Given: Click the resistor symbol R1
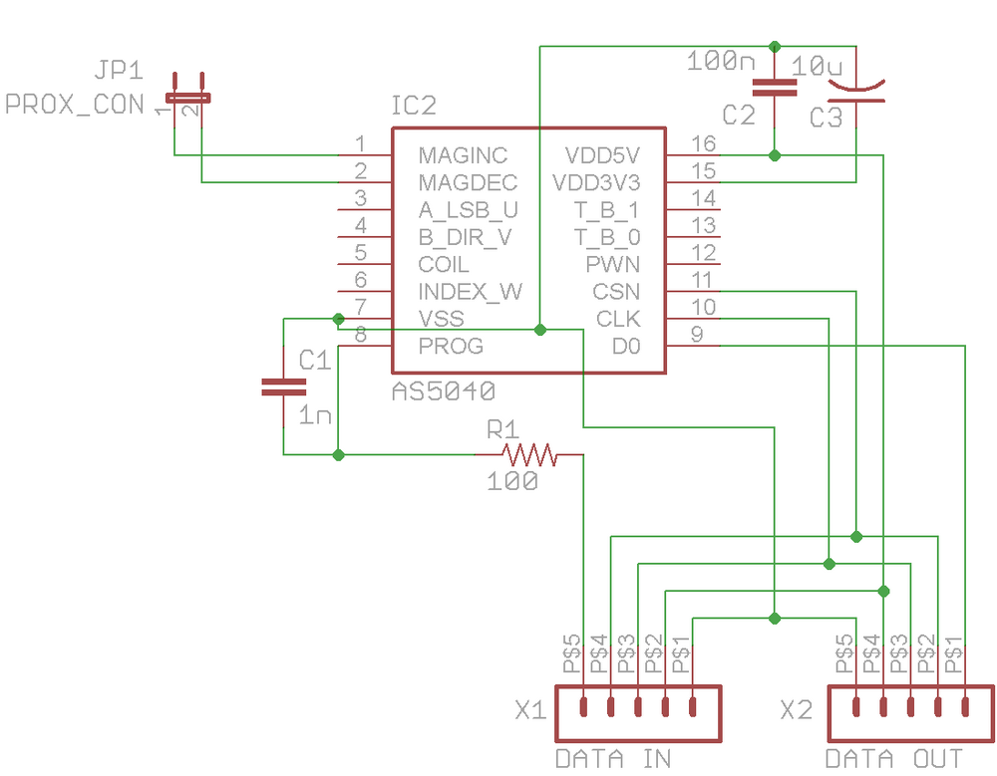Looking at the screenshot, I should pyautogui.click(x=528, y=455).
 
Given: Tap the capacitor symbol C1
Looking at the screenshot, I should pyautogui.click(x=283, y=388).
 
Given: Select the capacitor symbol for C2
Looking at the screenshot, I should pyautogui.click(x=775, y=88).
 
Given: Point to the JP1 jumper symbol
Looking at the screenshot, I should pyautogui.click(x=187, y=97).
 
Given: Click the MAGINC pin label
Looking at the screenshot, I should pyautogui.click(x=463, y=155).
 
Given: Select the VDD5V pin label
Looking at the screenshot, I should pyautogui.click(x=602, y=155).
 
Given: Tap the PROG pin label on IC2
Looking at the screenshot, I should pyautogui.click(x=451, y=346).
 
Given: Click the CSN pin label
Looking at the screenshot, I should pyautogui.click(x=616, y=292).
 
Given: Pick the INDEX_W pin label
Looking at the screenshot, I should pyautogui.click(x=471, y=292).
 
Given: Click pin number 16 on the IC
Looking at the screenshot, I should pyautogui.click(x=704, y=144).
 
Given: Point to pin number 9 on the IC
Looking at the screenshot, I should pyautogui.click(x=697, y=335).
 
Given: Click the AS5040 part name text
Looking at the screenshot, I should pyautogui.click(x=444, y=389).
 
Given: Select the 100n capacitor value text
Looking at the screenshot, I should pyautogui.click(x=722, y=62).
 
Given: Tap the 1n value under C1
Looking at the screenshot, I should pyautogui.click(x=315, y=415).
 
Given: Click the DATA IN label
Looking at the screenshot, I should pyautogui.click(x=613, y=758).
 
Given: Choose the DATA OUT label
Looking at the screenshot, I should pyautogui.click(x=894, y=758).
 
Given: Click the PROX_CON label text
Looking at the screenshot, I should pyautogui.click(x=75, y=104).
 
